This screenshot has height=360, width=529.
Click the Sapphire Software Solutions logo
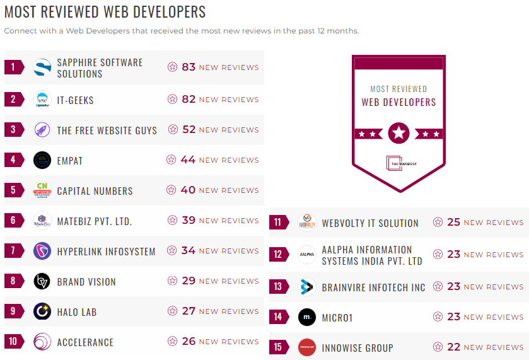42,67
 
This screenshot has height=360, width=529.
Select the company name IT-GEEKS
75,100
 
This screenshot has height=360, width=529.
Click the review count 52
189,129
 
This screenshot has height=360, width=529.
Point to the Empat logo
42,160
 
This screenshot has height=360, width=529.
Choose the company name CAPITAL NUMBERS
95,191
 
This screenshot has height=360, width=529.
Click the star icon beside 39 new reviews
172,220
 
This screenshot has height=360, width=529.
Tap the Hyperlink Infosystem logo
42,251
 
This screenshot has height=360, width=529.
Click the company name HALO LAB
76,312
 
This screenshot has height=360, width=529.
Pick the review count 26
189,341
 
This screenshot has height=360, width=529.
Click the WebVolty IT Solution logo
307,223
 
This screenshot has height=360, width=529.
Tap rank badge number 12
277,255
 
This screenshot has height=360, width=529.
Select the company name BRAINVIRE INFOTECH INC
373,287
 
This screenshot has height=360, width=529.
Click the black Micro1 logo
307,317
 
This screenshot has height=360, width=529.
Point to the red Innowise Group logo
307,347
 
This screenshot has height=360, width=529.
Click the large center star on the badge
398,133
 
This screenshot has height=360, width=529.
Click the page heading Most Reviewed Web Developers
105,12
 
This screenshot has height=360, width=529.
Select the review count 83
189,67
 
